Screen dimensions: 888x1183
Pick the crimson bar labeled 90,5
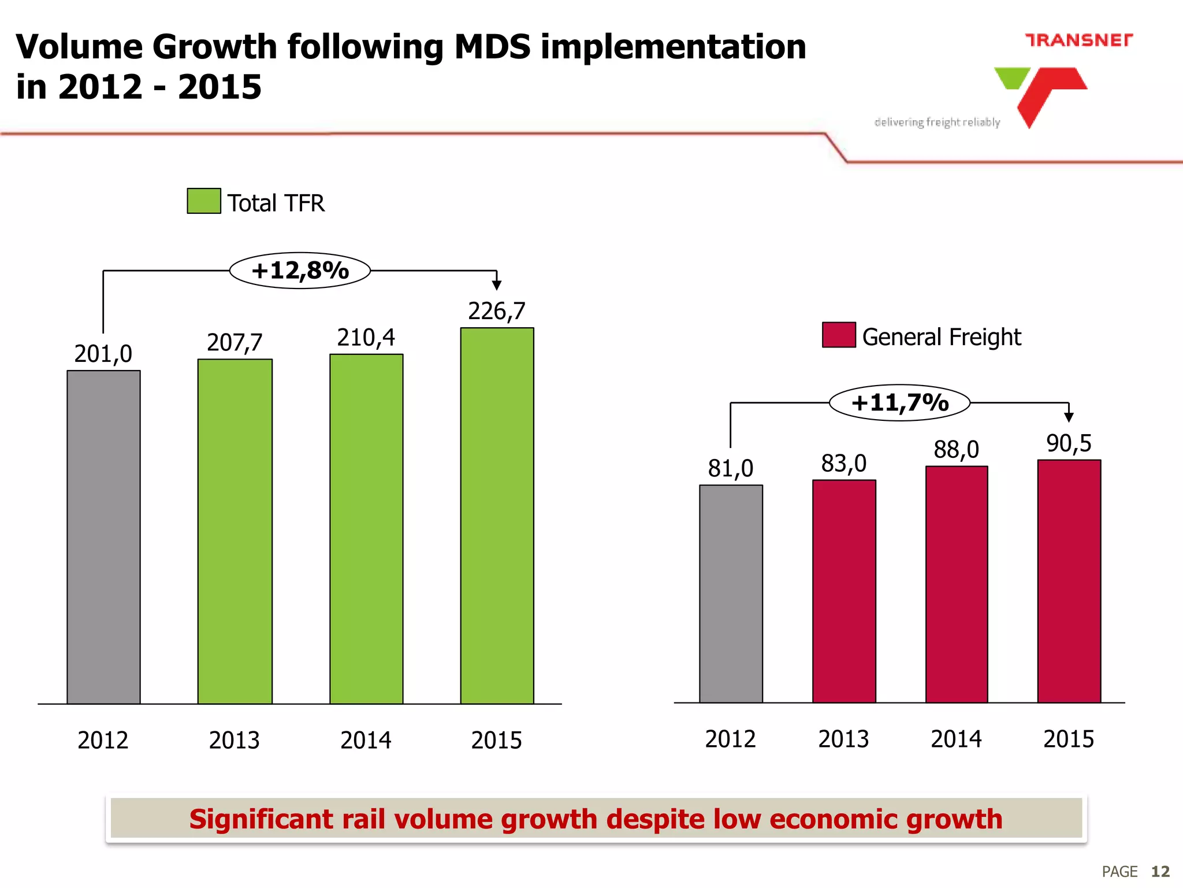pyautogui.click(x=1069, y=580)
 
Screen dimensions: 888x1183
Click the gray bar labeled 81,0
pyautogui.click(x=731, y=593)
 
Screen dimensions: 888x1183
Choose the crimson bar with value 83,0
pyautogui.click(x=844, y=591)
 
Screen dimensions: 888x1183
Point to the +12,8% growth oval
pyautogui.click(x=300, y=271)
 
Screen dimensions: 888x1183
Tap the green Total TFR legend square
pyautogui.click(x=204, y=201)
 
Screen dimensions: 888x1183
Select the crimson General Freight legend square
pyautogui.click(x=839, y=335)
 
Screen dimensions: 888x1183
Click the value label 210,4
pyautogui.click(x=366, y=338)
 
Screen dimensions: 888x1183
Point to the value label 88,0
pyautogui.click(x=956, y=449)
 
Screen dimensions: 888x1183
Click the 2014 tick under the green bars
pyautogui.click(x=366, y=741)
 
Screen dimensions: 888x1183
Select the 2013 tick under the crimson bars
pyautogui.click(x=843, y=739)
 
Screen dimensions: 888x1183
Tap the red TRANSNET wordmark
pyautogui.click(x=1078, y=40)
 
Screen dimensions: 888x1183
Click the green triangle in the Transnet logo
pyautogui.click(x=1012, y=77)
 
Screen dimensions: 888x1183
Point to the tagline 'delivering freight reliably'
pyautogui.click(x=937, y=122)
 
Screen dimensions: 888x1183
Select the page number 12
pyautogui.click(x=1160, y=871)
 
